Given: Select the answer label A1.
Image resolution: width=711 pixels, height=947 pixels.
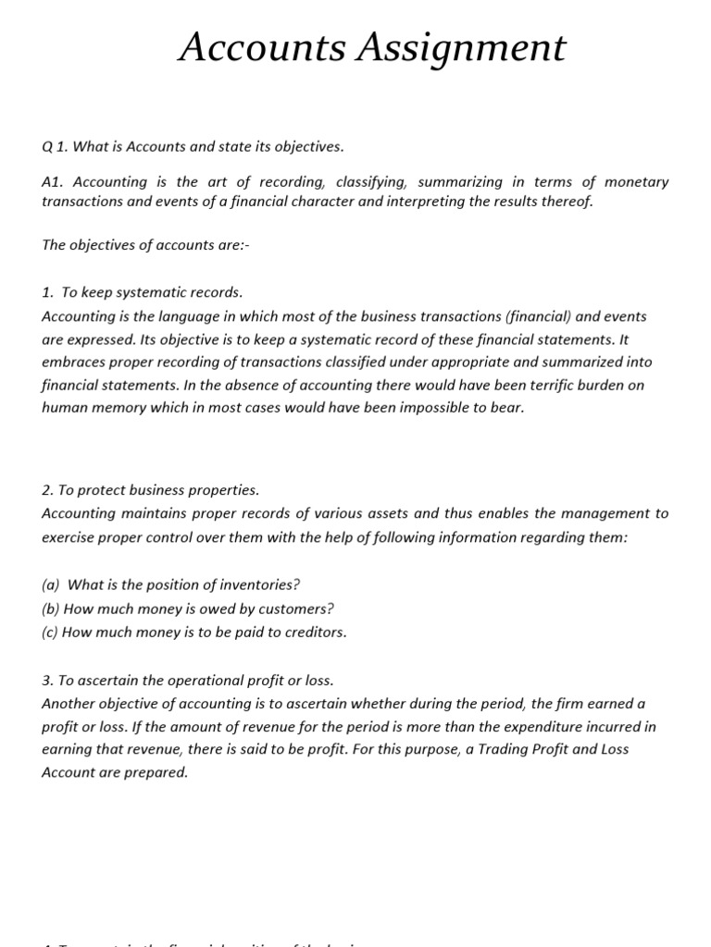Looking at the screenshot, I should point(54,182).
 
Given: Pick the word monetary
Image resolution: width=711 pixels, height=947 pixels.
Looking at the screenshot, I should point(638,182).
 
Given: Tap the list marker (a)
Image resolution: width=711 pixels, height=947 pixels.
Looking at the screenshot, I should point(51,584).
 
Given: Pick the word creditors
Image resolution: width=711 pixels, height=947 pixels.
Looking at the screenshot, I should point(310,633).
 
